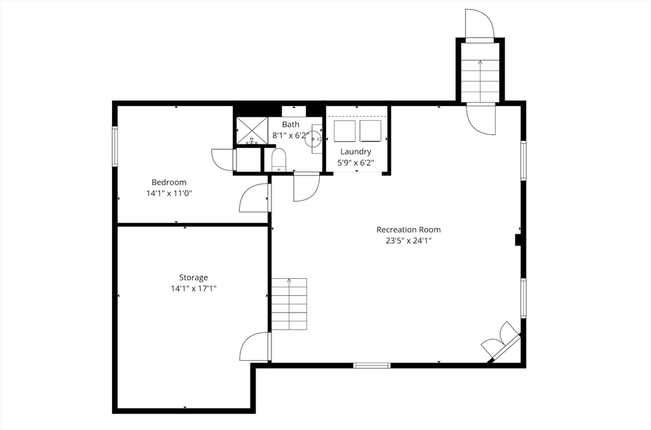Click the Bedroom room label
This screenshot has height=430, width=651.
coord(169,182)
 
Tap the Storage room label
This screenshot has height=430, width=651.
coord(193,278)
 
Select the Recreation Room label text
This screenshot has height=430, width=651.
coord(409,229)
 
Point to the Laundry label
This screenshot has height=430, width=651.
coord(356,152)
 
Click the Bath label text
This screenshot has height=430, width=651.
coord(291,124)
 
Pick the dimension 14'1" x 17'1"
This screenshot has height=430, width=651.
coord(193,288)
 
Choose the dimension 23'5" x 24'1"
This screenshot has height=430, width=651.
coord(409,241)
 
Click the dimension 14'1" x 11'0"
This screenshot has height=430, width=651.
coord(169,193)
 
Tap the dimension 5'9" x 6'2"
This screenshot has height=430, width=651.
coord(356,163)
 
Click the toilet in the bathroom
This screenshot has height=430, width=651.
coord(278,159)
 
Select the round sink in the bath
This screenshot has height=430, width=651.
coord(312,139)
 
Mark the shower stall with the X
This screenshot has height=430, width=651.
coord(252,131)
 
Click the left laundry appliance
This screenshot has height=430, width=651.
coord(345,131)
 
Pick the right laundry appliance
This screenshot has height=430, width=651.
coord(371,131)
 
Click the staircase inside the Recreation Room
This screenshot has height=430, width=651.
coord(289,304)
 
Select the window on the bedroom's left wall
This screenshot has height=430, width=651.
coord(115,146)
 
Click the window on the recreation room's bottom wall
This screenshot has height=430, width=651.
coord(372,365)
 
